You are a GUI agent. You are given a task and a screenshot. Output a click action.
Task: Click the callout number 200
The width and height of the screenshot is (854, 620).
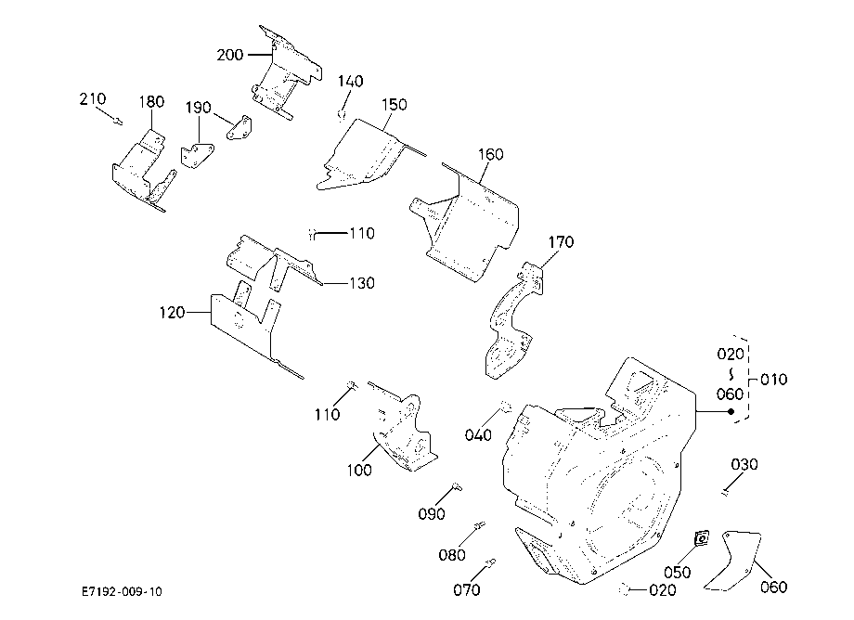(x=230, y=55)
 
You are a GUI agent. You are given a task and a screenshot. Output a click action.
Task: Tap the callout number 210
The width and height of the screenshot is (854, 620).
(x=93, y=99)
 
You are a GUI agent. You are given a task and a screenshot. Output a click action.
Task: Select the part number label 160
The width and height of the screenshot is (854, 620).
(x=491, y=155)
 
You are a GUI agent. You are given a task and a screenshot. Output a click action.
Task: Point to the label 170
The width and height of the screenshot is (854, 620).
(x=561, y=242)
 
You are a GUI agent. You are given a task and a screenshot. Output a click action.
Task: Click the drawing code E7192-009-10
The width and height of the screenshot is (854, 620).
(x=122, y=592)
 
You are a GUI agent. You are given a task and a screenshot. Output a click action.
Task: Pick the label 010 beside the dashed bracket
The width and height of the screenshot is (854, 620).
(x=773, y=380)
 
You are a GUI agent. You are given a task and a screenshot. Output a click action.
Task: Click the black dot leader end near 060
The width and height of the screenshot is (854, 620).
(x=731, y=411)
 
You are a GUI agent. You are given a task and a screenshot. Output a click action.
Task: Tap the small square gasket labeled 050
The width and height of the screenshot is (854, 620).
(x=702, y=539)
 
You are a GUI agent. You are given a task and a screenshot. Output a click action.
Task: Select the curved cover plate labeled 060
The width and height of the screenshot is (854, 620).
(x=733, y=562)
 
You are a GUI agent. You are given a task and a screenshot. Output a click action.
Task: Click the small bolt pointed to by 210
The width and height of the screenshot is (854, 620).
(x=118, y=121)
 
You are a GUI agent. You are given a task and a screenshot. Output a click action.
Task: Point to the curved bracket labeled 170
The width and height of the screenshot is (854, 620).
(x=512, y=321)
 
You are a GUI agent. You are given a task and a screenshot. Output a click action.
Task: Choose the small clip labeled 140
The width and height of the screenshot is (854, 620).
(x=342, y=114)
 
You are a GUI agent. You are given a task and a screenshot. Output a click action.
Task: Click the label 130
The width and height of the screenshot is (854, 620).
(x=362, y=283)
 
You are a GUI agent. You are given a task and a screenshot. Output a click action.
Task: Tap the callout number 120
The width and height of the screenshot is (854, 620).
(x=172, y=313)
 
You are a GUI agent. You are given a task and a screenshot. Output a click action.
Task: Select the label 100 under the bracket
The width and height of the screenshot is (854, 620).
(x=359, y=471)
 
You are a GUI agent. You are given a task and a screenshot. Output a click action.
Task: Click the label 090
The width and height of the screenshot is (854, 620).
(x=432, y=514)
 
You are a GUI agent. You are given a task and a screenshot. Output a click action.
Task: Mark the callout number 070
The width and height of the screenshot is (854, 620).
(x=467, y=590)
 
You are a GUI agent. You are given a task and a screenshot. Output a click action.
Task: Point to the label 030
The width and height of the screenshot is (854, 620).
(x=744, y=465)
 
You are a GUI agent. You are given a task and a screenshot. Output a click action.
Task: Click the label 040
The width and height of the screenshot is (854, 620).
(x=478, y=435)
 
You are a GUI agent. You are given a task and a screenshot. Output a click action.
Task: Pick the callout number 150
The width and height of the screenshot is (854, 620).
(x=395, y=105)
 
